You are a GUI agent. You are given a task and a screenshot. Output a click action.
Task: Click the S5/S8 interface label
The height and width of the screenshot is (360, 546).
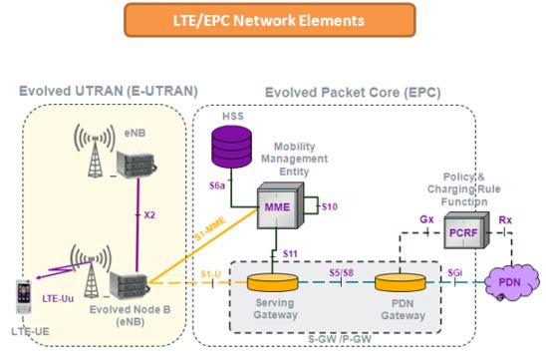click(x=341, y=270)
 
